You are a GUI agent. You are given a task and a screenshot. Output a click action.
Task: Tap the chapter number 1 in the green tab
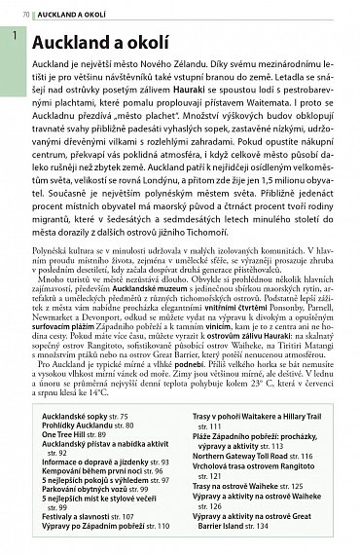(x=14, y=36)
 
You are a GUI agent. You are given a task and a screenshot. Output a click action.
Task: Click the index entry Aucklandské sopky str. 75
(x=86, y=416)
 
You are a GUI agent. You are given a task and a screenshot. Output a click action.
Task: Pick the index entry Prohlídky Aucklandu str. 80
(x=89, y=425)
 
